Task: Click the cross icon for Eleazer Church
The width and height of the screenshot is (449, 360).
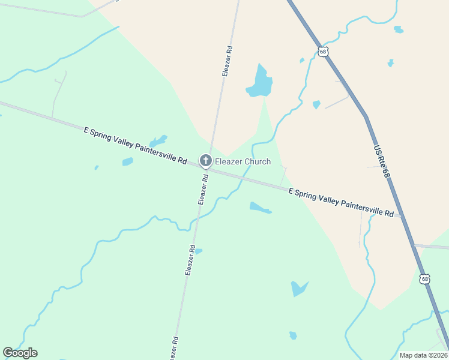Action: click(205, 161)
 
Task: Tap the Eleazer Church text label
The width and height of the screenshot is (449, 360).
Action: click(243, 162)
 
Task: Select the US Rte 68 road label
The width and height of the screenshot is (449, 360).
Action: click(382, 161)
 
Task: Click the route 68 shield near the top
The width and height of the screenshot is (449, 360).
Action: click(324, 52)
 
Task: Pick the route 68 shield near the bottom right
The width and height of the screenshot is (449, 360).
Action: click(425, 279)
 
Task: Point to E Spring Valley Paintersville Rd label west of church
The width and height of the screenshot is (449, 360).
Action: click(136, 145)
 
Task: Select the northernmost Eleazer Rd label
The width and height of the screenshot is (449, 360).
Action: click(227, 60)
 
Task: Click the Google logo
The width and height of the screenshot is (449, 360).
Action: click(20, 353)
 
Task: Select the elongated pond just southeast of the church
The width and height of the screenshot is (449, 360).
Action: click(260, 208)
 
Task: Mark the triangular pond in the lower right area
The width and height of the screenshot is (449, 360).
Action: click(298, 289)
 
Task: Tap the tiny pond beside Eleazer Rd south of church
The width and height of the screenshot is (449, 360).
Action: click(198, 251)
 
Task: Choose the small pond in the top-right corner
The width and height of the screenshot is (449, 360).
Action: click(399, 29)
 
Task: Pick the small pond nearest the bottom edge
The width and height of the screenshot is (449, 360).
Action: click(293, 335)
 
